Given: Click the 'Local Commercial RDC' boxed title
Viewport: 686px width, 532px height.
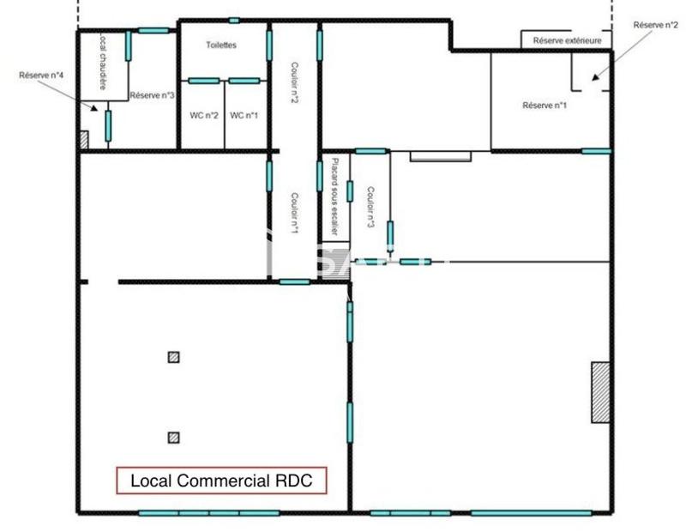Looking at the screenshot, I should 222,481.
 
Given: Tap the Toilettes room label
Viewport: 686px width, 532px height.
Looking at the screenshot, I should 221,45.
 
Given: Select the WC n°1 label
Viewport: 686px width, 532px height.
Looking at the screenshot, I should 244,116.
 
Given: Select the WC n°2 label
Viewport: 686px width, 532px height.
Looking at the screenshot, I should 204,116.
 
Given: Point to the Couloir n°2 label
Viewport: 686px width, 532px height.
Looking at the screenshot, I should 294,83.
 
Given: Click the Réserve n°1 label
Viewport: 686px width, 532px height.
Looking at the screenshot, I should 545,106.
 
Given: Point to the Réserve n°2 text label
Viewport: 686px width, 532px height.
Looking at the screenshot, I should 655,26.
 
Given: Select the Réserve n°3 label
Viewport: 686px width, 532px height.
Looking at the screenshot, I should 153,95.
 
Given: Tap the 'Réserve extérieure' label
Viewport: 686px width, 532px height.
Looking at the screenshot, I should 567,40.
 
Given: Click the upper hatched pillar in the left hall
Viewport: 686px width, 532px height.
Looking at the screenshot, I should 174,357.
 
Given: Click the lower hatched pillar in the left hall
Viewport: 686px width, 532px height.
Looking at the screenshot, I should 174,437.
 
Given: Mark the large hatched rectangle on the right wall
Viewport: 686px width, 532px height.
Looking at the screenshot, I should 601,391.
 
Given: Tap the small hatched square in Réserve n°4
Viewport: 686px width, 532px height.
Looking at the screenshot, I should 83,139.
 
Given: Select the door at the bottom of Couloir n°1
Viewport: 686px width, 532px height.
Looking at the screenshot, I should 294,281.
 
